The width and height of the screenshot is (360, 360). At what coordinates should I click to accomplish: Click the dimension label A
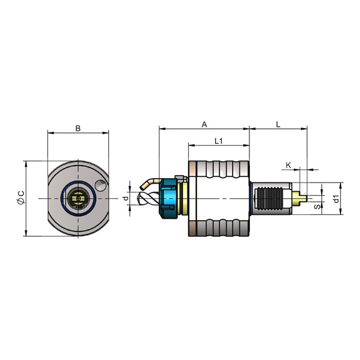click(x=204, y=124)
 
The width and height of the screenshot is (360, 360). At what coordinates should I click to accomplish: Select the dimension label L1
click(x=219, y=141)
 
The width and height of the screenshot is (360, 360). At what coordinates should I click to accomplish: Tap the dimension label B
click(x=78, y=128)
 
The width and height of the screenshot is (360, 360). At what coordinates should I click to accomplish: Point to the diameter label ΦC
click(x=21, y=197)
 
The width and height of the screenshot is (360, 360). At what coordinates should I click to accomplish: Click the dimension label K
click(x=288, y=165)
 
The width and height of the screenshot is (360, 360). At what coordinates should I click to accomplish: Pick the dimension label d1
click(x=336, y=199)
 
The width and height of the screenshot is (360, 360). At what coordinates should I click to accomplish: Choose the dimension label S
click(x=317, y=207)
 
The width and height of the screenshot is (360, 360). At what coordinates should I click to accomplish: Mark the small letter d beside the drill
click(x=126, y=198)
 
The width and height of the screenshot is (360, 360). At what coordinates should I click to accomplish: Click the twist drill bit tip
click(x=139, y=199)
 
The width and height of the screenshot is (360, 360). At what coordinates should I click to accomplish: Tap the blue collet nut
click(x=169, y=199)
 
